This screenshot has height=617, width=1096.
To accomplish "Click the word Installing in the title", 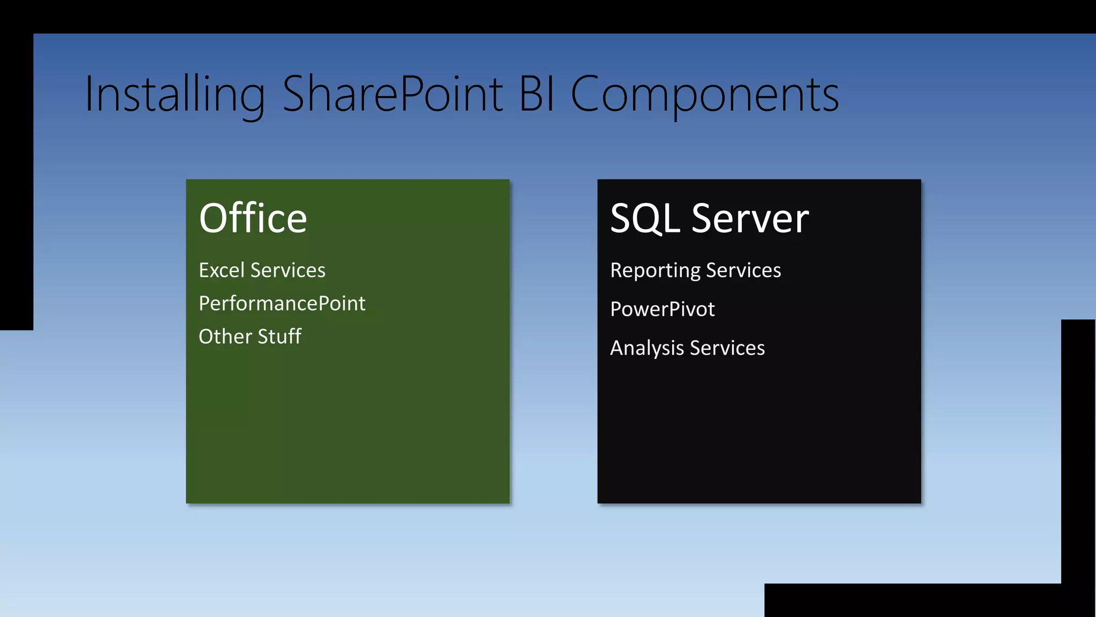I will pyautogui.click(x=174, y=95).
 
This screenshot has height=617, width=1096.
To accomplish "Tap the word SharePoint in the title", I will pyautogui.click(x=392, y=94).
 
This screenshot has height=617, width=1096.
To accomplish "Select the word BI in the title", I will pyautogui.click(x=537, y=94).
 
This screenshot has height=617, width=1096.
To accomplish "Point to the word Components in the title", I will pyautogui.click(x=704, y=95).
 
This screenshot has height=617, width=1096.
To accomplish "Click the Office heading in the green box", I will pyautogui.click(x=253, y=219).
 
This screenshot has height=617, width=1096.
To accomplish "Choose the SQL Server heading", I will pyautogui.click(x=709, y=219).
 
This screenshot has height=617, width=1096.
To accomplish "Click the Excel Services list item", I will pyautogui.click(x=262, y=270).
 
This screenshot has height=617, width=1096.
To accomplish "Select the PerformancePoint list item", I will pyautogui.click(x=281, y=304).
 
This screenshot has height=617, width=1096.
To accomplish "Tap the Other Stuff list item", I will pyautogui.click(x=250, y=337).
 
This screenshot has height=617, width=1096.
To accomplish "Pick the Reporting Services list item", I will pyautogui.click(x=695, y=270).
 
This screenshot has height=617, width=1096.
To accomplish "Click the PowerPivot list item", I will pyautogui.click(x=662, y=310).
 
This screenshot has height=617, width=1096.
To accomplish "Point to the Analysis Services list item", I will pyautogui.click(x=687, y=348).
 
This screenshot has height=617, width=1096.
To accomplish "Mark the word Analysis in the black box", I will pyautogui.click(x=647, y=349).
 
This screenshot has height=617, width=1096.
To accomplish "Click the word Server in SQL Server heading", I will pyautogui.click(x=750, y=219).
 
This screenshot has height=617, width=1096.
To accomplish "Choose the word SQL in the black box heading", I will pyautogui.click(x=645, y=219).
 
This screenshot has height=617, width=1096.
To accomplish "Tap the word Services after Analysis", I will pyautogui.click(x=727, y=348).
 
